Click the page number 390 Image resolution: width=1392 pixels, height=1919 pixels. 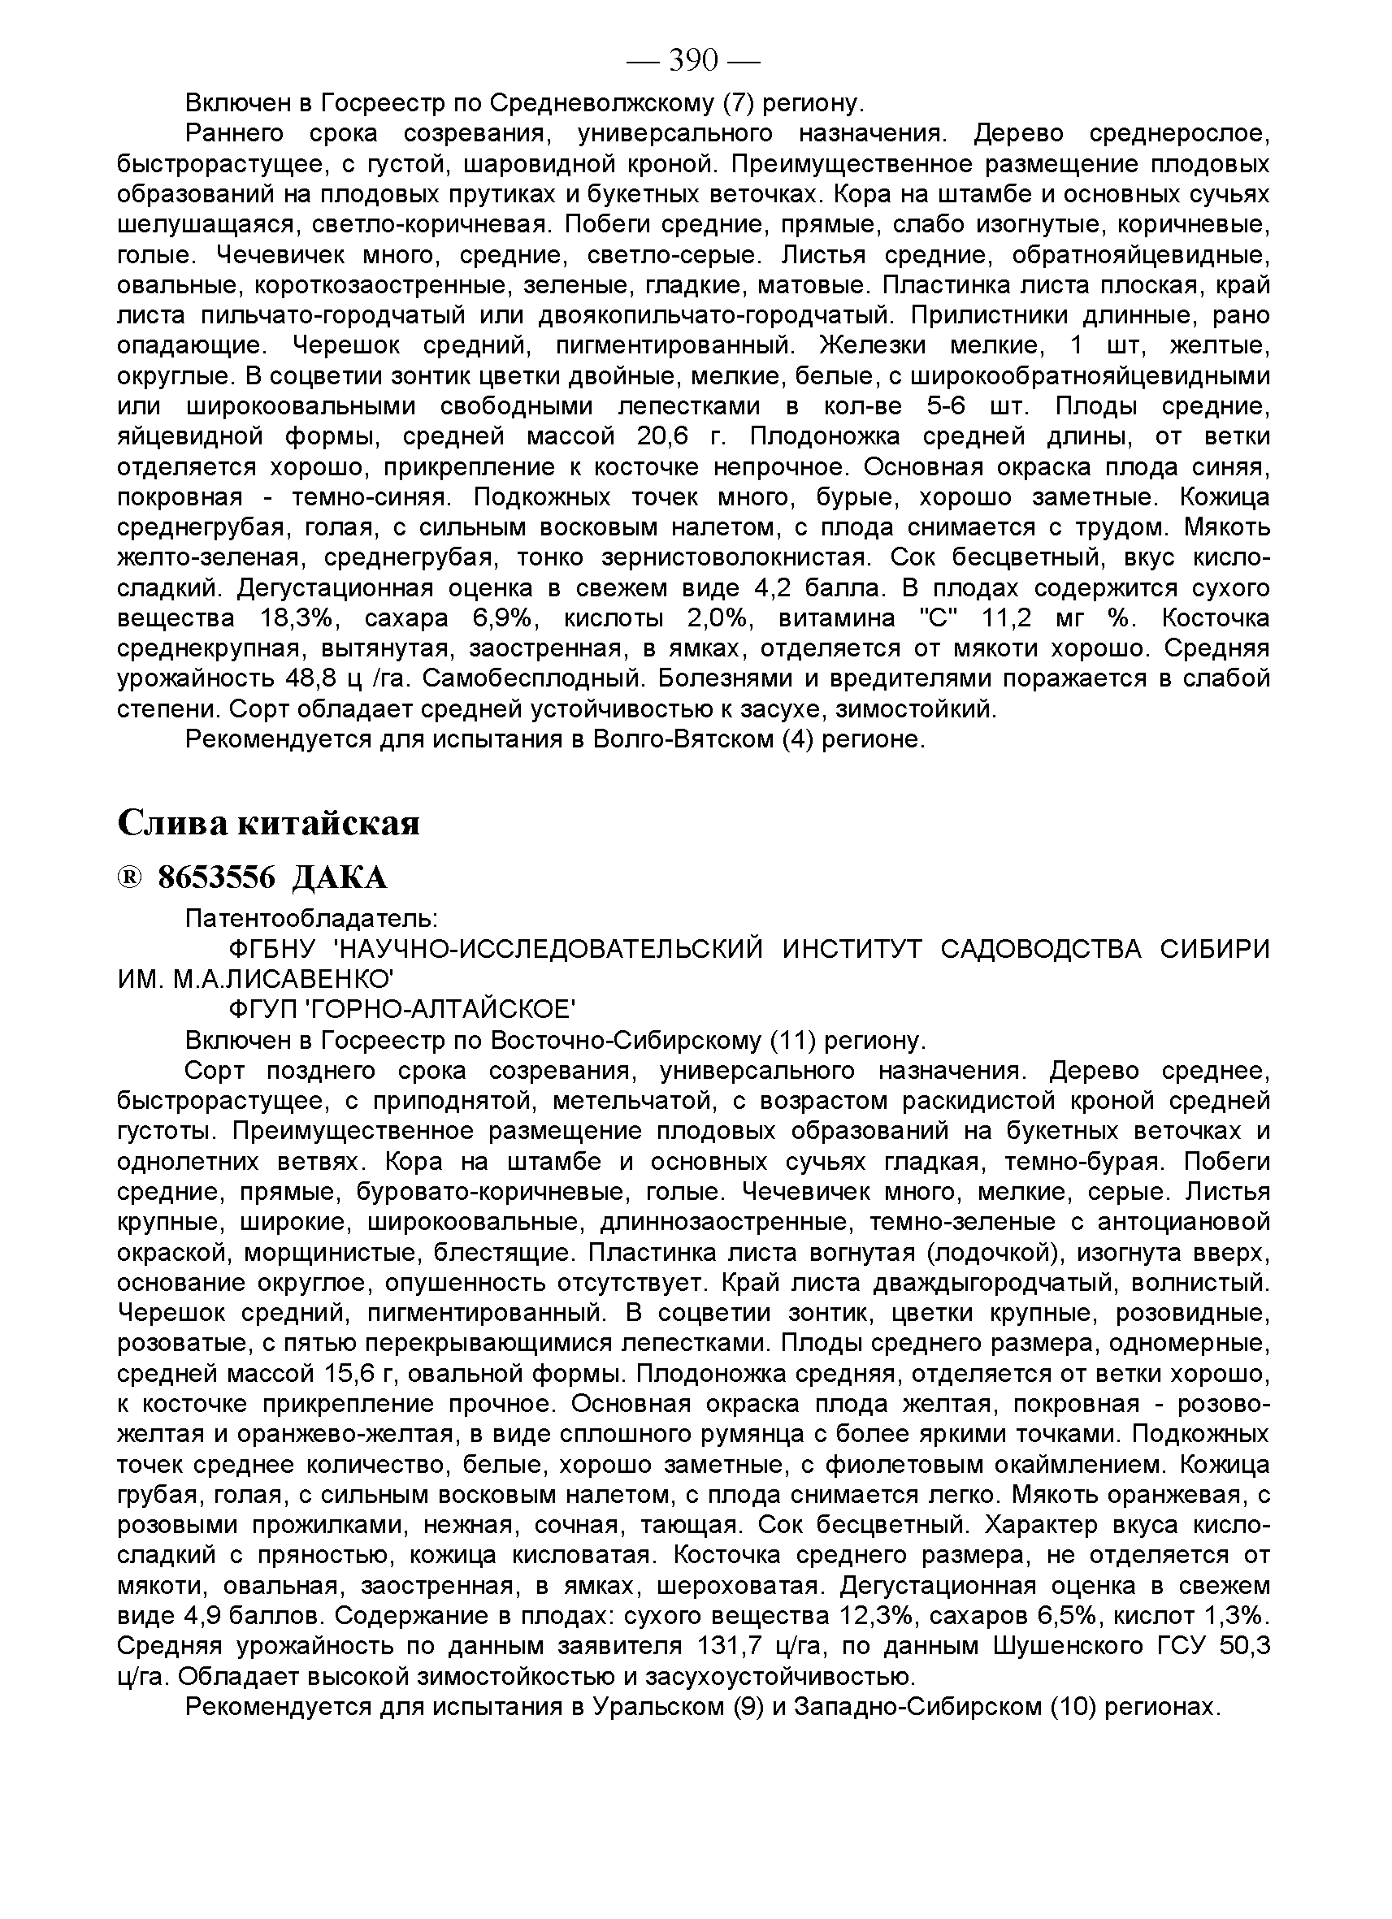[693, 61]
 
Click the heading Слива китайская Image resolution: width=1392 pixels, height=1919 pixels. [268, 821]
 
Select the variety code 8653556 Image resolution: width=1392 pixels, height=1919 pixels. [218, 878]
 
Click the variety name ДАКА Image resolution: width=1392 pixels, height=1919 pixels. [340, 878]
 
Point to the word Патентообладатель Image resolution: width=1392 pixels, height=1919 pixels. [310, 918]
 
